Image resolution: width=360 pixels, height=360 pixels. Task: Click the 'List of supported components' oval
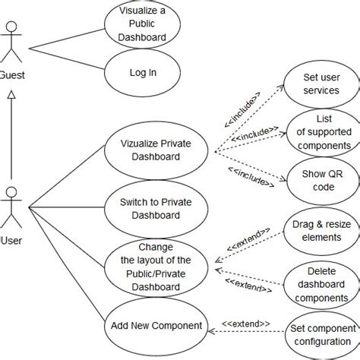point(323,131)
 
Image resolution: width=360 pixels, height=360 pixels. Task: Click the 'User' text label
point(11,241)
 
